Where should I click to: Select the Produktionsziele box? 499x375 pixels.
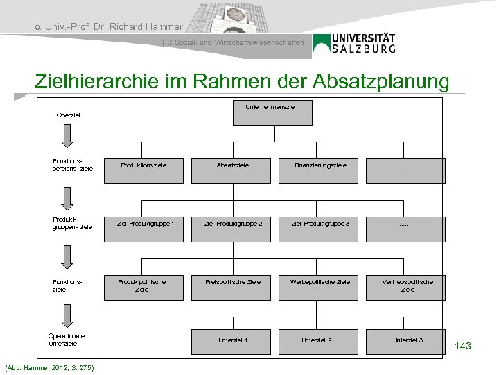[143, 165]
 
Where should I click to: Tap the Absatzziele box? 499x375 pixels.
[233, 165]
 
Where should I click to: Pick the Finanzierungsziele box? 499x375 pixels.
[320, 165]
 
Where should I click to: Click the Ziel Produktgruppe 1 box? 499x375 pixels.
[143, 223]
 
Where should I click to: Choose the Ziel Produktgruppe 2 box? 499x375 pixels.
[233, 223]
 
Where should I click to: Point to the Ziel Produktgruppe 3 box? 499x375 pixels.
[320, 223]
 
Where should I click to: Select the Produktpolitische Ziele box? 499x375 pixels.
[143, 285]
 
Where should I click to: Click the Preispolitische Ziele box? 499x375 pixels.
[233, 281]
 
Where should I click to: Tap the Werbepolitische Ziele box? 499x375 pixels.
[320, 281]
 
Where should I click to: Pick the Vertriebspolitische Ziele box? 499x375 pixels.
[408, 285]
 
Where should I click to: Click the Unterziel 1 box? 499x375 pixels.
[233, 340]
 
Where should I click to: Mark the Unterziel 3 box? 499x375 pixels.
[408, 340]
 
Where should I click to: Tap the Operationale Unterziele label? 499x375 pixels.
[67, 340]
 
